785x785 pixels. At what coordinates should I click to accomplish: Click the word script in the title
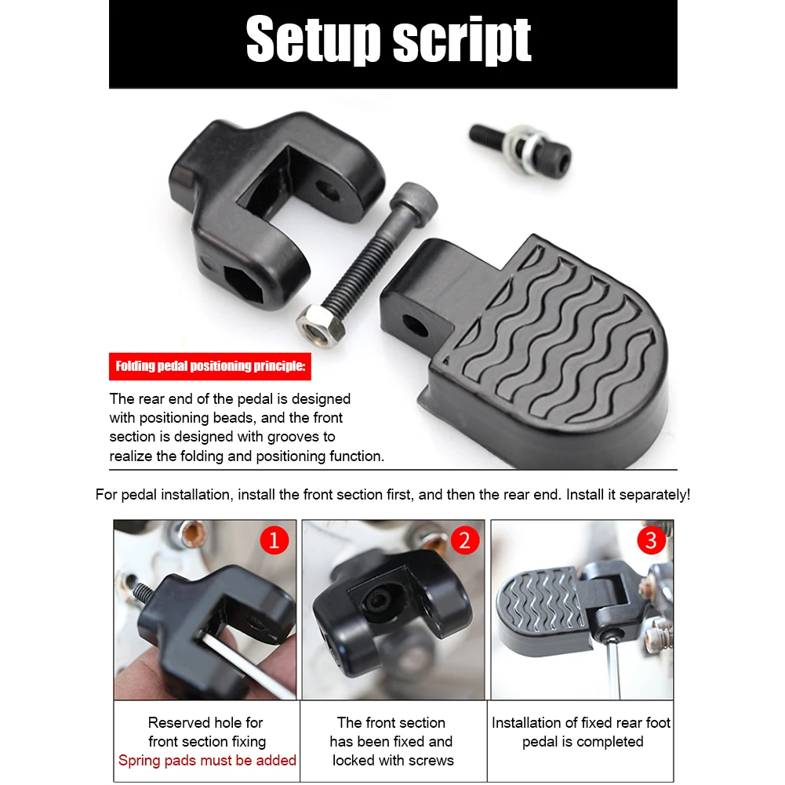tap(463, 41)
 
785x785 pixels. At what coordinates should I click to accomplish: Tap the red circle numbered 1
tap(274, 540)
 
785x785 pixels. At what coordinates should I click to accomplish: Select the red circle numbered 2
tap(464, 540)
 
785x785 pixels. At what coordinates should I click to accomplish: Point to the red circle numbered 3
tap(652, 540)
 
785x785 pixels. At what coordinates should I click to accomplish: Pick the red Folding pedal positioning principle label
tap(211, 366)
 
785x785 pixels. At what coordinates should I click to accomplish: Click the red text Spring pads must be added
tap(207, 760)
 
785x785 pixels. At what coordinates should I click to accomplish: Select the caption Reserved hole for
tap(205, 722)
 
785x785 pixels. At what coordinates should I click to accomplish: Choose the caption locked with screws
tap(393, 760)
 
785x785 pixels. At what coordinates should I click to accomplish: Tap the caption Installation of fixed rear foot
tap(581, 722)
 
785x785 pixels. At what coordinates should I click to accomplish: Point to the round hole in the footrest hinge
tap(416, 324)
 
